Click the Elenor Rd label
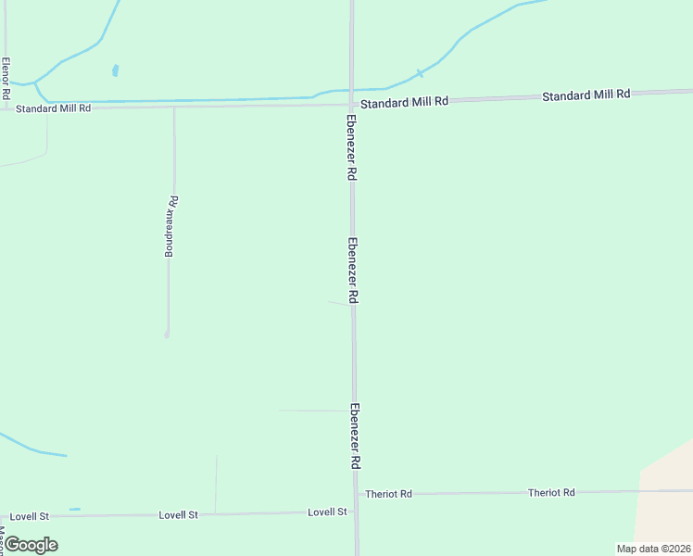6,79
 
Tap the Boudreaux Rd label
171,226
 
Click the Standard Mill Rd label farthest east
586,95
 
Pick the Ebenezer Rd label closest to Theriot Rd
355,436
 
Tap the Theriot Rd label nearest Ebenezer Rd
388,494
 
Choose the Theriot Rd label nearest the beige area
551,492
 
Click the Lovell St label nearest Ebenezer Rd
327,512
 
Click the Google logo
31,545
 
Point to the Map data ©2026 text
653,549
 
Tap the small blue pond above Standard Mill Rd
115,70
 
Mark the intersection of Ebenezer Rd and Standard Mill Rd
352,104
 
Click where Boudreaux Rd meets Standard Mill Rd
173,107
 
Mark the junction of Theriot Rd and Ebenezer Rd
356,494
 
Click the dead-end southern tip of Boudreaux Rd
167,334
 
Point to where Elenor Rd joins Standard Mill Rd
6,109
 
